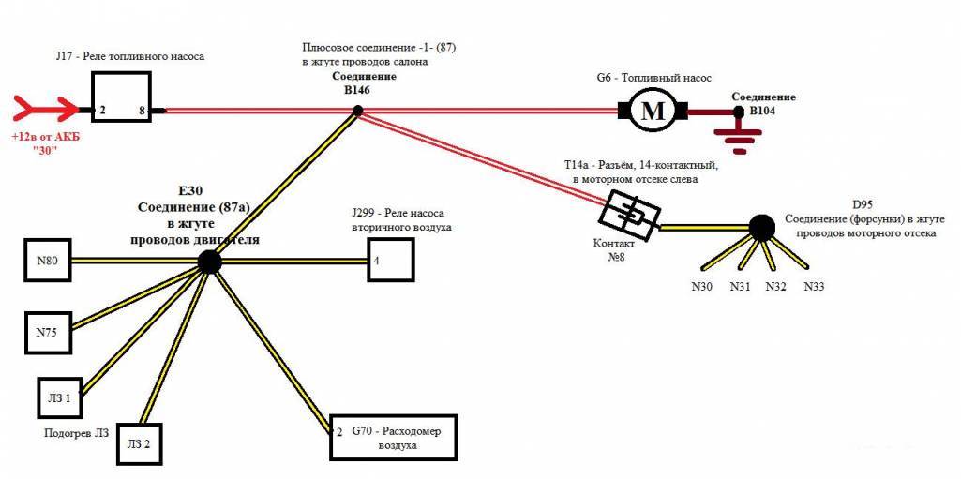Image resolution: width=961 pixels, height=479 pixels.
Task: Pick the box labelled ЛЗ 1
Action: click(61, 397)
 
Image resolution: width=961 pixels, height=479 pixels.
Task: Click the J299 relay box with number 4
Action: click(389, 261)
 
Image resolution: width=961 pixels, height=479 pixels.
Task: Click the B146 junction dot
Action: click(357, 112)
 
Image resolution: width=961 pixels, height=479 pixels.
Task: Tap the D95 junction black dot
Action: click(758, 226)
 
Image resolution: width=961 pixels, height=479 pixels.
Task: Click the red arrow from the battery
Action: click(42, 111)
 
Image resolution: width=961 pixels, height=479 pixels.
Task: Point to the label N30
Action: click(702, 287)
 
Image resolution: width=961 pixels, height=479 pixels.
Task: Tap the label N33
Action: click(814, 287)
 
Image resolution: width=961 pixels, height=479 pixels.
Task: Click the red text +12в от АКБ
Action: click(42, 137)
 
